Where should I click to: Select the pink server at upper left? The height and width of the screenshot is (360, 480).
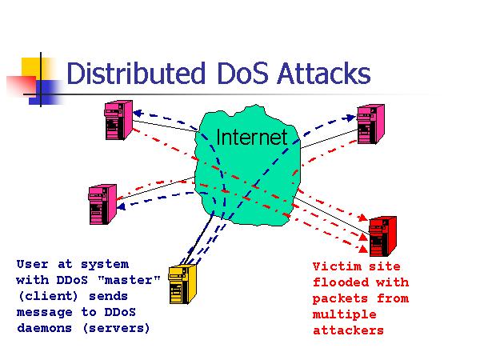pos(114,120)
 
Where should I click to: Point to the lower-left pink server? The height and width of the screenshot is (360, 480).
pos(100,204)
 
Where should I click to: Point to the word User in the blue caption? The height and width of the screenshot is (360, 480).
pos(31,263)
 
